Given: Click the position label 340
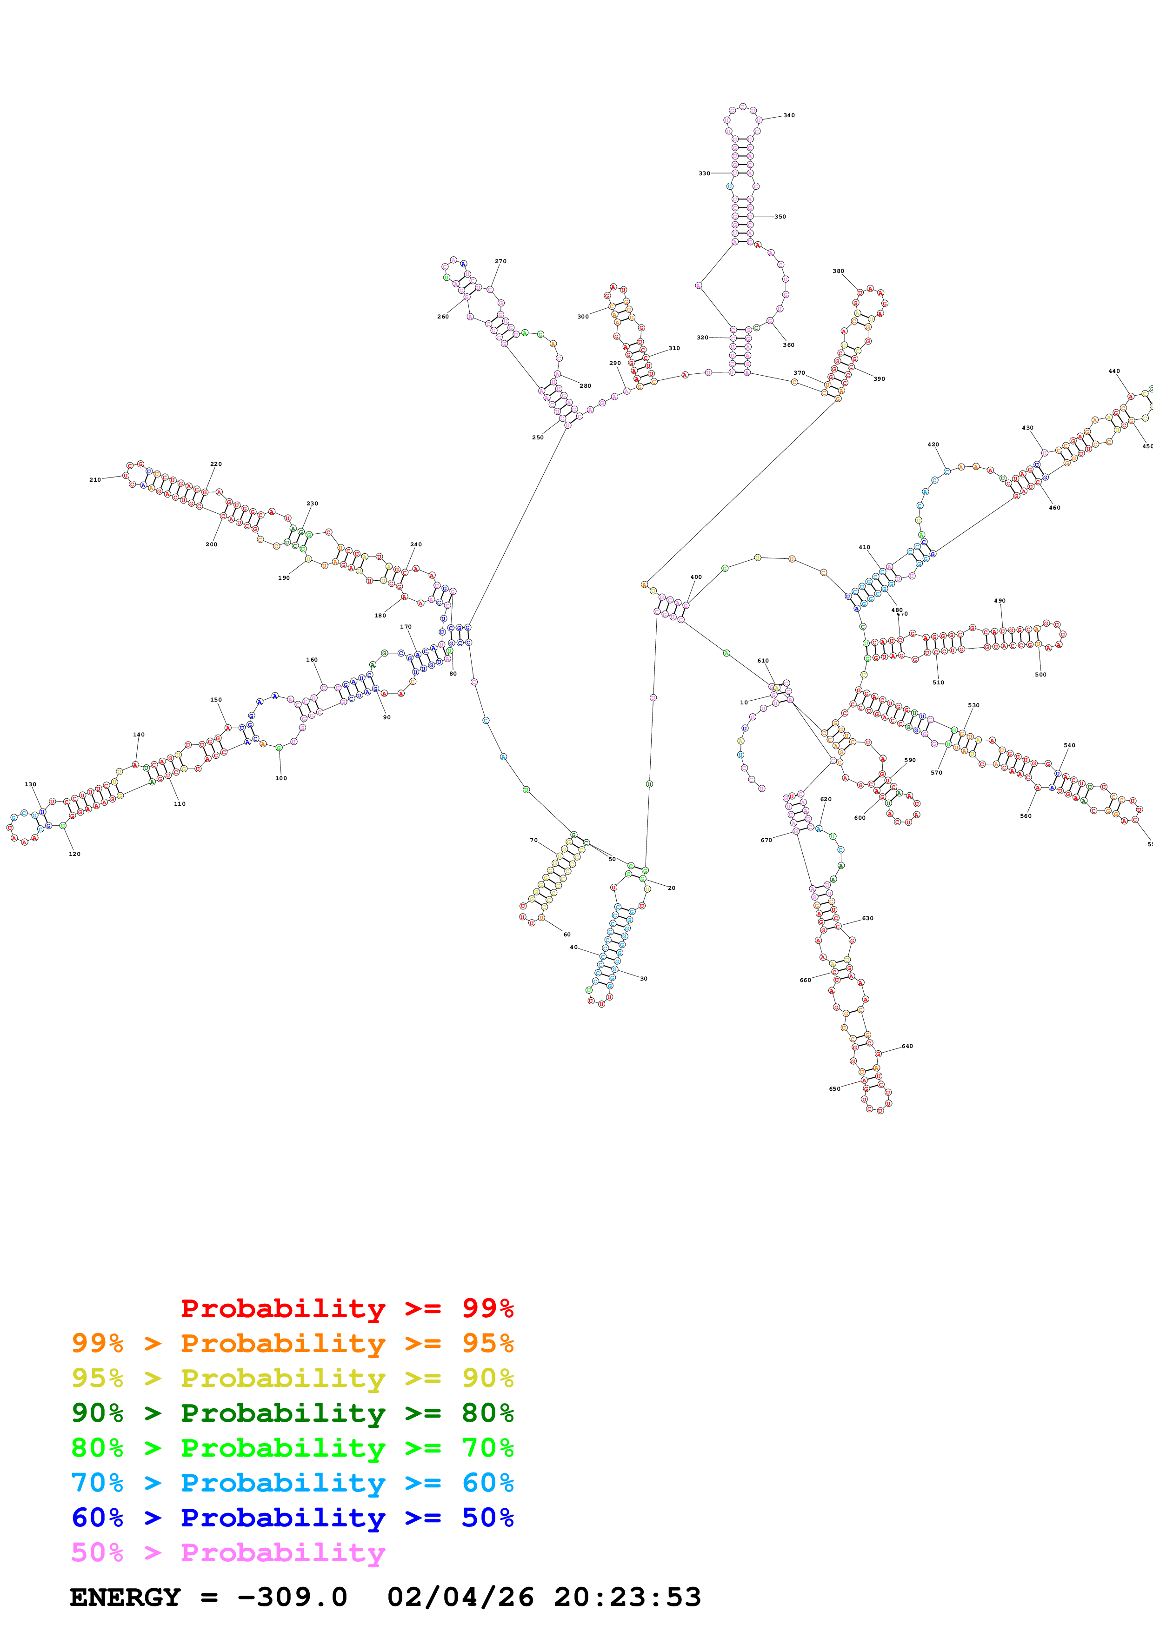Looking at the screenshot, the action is (788, 115).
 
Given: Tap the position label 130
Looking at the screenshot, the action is (30, 784).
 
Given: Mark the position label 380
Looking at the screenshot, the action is (838, 271).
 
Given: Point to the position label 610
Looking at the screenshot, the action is (762, 661).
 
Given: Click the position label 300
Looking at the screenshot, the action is (582, 316).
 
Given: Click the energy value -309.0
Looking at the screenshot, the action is (292, 1598).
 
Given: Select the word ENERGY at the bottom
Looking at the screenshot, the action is (125, 1598).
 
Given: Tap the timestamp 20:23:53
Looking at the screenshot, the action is (627, 1598).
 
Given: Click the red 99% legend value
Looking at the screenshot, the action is (487, 1308).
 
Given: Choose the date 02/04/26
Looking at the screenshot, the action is (460, 1598).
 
